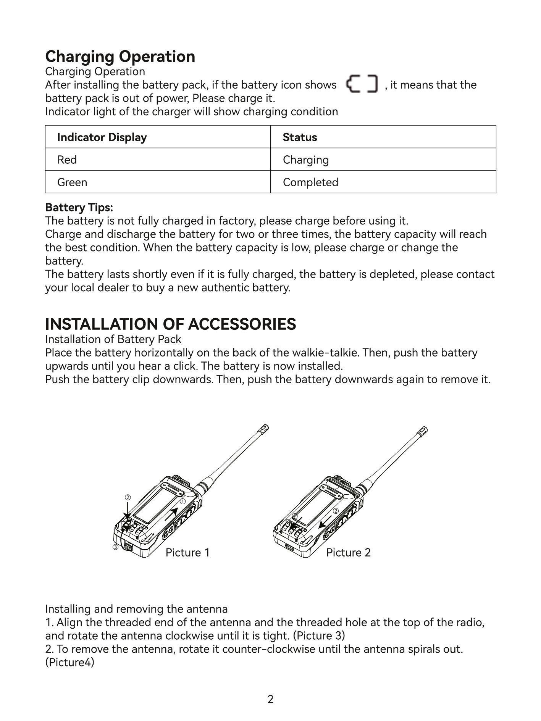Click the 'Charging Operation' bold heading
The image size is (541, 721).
pyautogui.click(x=120, y=56)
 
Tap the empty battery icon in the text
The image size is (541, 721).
pyautogui.click(x=362, y=84)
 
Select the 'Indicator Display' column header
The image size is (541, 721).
pyautogui.click(x=102, y=137)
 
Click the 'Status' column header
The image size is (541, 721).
pyautogui.click(x=300, y=137)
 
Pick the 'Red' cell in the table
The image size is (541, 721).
pyautogui.click(x=67, y=160)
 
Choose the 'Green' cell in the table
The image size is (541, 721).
pyautogui.click(x=72, y=182)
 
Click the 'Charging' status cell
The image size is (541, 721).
pyautogui.click(x=305, y=160)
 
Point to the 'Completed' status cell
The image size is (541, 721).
pyautogui.click(x=310, y=182)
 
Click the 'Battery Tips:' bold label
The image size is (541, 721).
pyautogui.click(x=79, y=208)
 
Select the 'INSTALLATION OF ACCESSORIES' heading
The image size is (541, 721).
pyautogui.click(x=170, y=324)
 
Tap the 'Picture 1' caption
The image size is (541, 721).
pyautogui.click(x=187, y=553)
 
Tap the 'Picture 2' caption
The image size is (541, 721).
pyautogui.click(x=348, y=553)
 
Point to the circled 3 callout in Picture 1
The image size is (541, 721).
pyautogui.click(x=115, y=547)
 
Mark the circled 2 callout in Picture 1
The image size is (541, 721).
pyautogui.click(x=128, y=498)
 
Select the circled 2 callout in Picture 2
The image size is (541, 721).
pyautogui.click(x=336, y=511)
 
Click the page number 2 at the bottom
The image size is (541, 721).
pyautogui.click(x=270, y=699)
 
